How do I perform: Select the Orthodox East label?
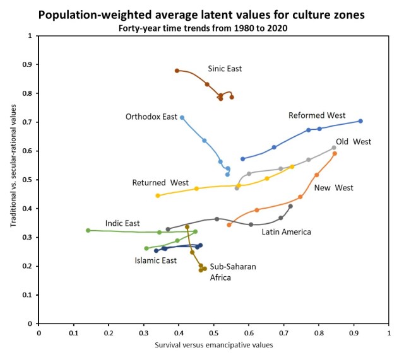[151, 117]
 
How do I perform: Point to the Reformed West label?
[316, 115]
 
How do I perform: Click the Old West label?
[353, 142]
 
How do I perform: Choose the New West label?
[333, 187]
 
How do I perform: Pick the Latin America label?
[287, 231]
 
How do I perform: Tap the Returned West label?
[160, 183]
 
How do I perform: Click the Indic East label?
[122, 223]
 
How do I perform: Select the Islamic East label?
[155, 260]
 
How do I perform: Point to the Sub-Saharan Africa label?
[233, 272]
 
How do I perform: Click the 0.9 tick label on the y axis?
[27, 65]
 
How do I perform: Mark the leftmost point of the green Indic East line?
[88, 230]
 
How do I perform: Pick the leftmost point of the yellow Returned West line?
[158, 195]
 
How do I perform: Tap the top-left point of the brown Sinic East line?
[177, 71]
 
